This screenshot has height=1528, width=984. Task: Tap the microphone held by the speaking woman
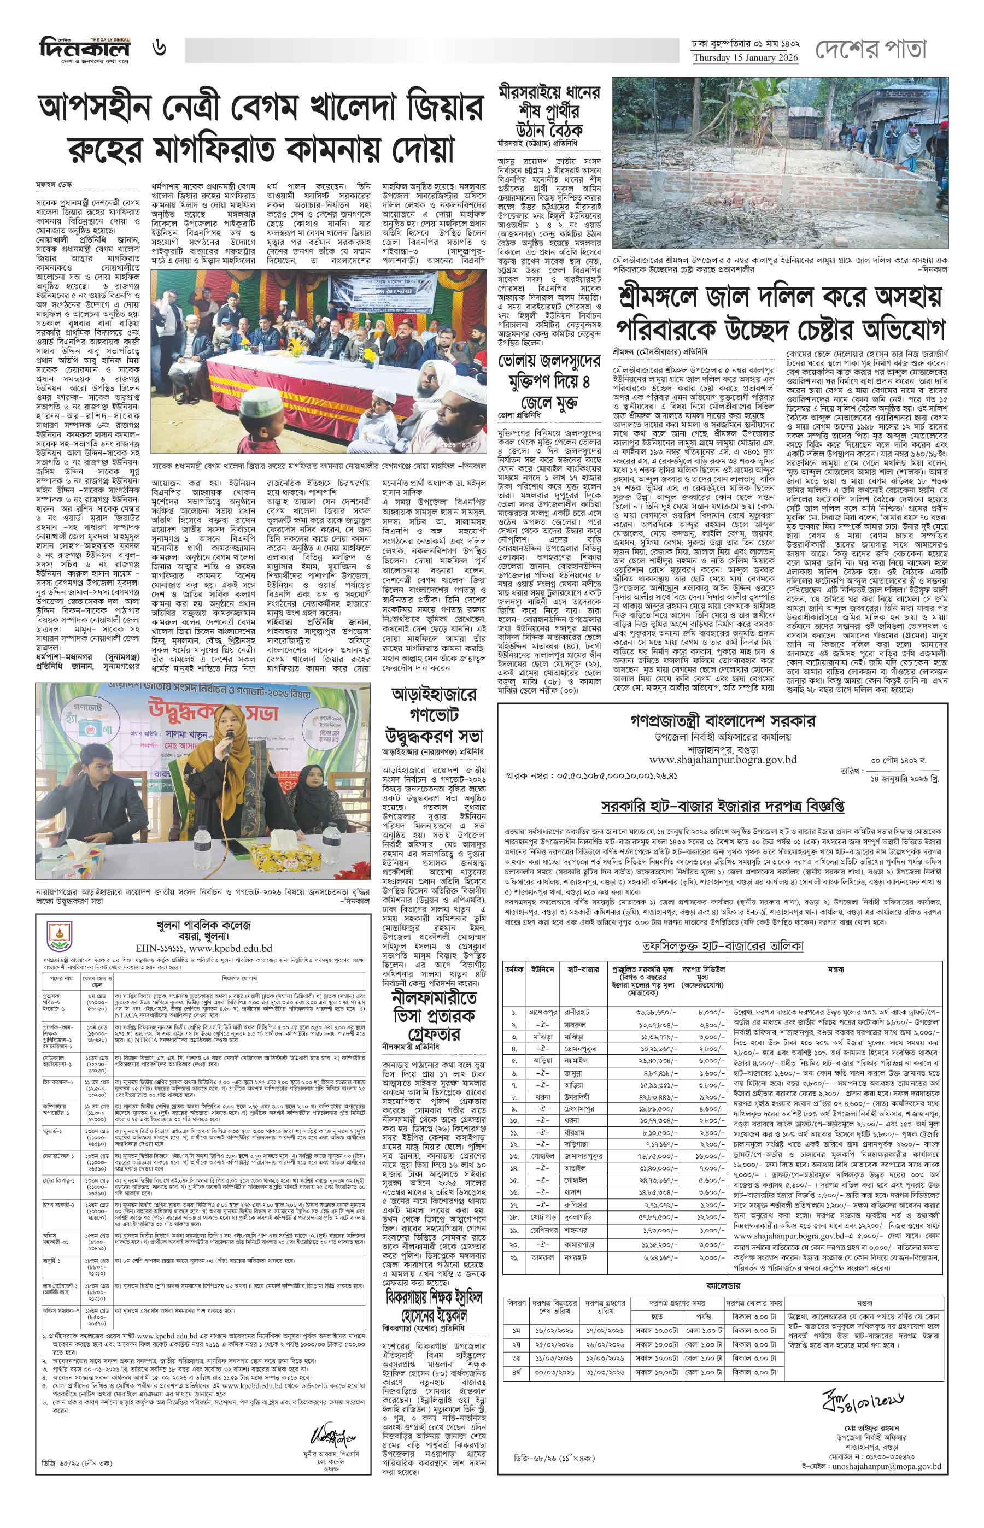coord(227,741)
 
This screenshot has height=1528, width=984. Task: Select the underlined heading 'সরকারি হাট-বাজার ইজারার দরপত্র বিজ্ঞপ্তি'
coord(723,806)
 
